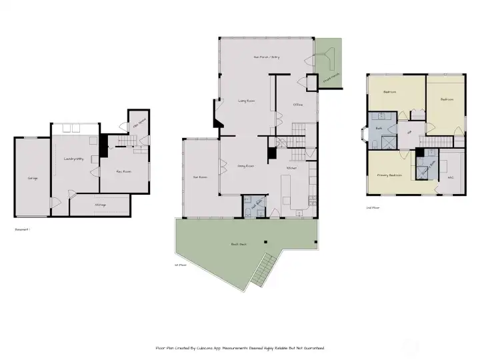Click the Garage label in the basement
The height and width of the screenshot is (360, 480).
(x=33, y=179)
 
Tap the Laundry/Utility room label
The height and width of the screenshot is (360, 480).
(x=73, y=159)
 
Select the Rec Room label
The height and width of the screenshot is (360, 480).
(x=123, y=171)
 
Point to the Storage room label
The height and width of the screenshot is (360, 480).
(x=101, y=205)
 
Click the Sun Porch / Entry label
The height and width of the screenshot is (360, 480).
(x=266, y=57)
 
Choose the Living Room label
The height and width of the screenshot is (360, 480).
(x=247, y=101)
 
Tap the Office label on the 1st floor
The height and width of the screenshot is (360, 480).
(x=298, y=105)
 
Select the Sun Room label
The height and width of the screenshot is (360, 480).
(x=199, y=177)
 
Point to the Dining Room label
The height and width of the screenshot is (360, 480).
(x=245, y=165)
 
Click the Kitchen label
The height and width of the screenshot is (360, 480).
(x=292, y=168)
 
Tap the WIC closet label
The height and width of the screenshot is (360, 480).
(x=450, y=177)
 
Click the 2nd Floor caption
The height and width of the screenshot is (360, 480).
(x=373, y=208)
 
